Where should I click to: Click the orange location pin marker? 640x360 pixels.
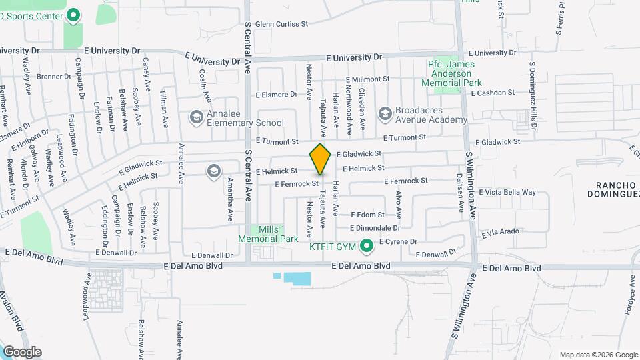[x=320, y=159]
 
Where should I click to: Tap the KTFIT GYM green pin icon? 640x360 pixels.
[x=365, y=247]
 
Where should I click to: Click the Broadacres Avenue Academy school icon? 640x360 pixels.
[x=385, y=114]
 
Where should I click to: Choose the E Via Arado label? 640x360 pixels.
[x=499, y=232]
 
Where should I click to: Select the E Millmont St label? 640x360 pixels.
[x=365, y=79]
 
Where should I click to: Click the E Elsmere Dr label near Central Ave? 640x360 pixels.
[x=276, y=94]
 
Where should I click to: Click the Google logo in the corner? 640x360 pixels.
[x=23, y=351]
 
